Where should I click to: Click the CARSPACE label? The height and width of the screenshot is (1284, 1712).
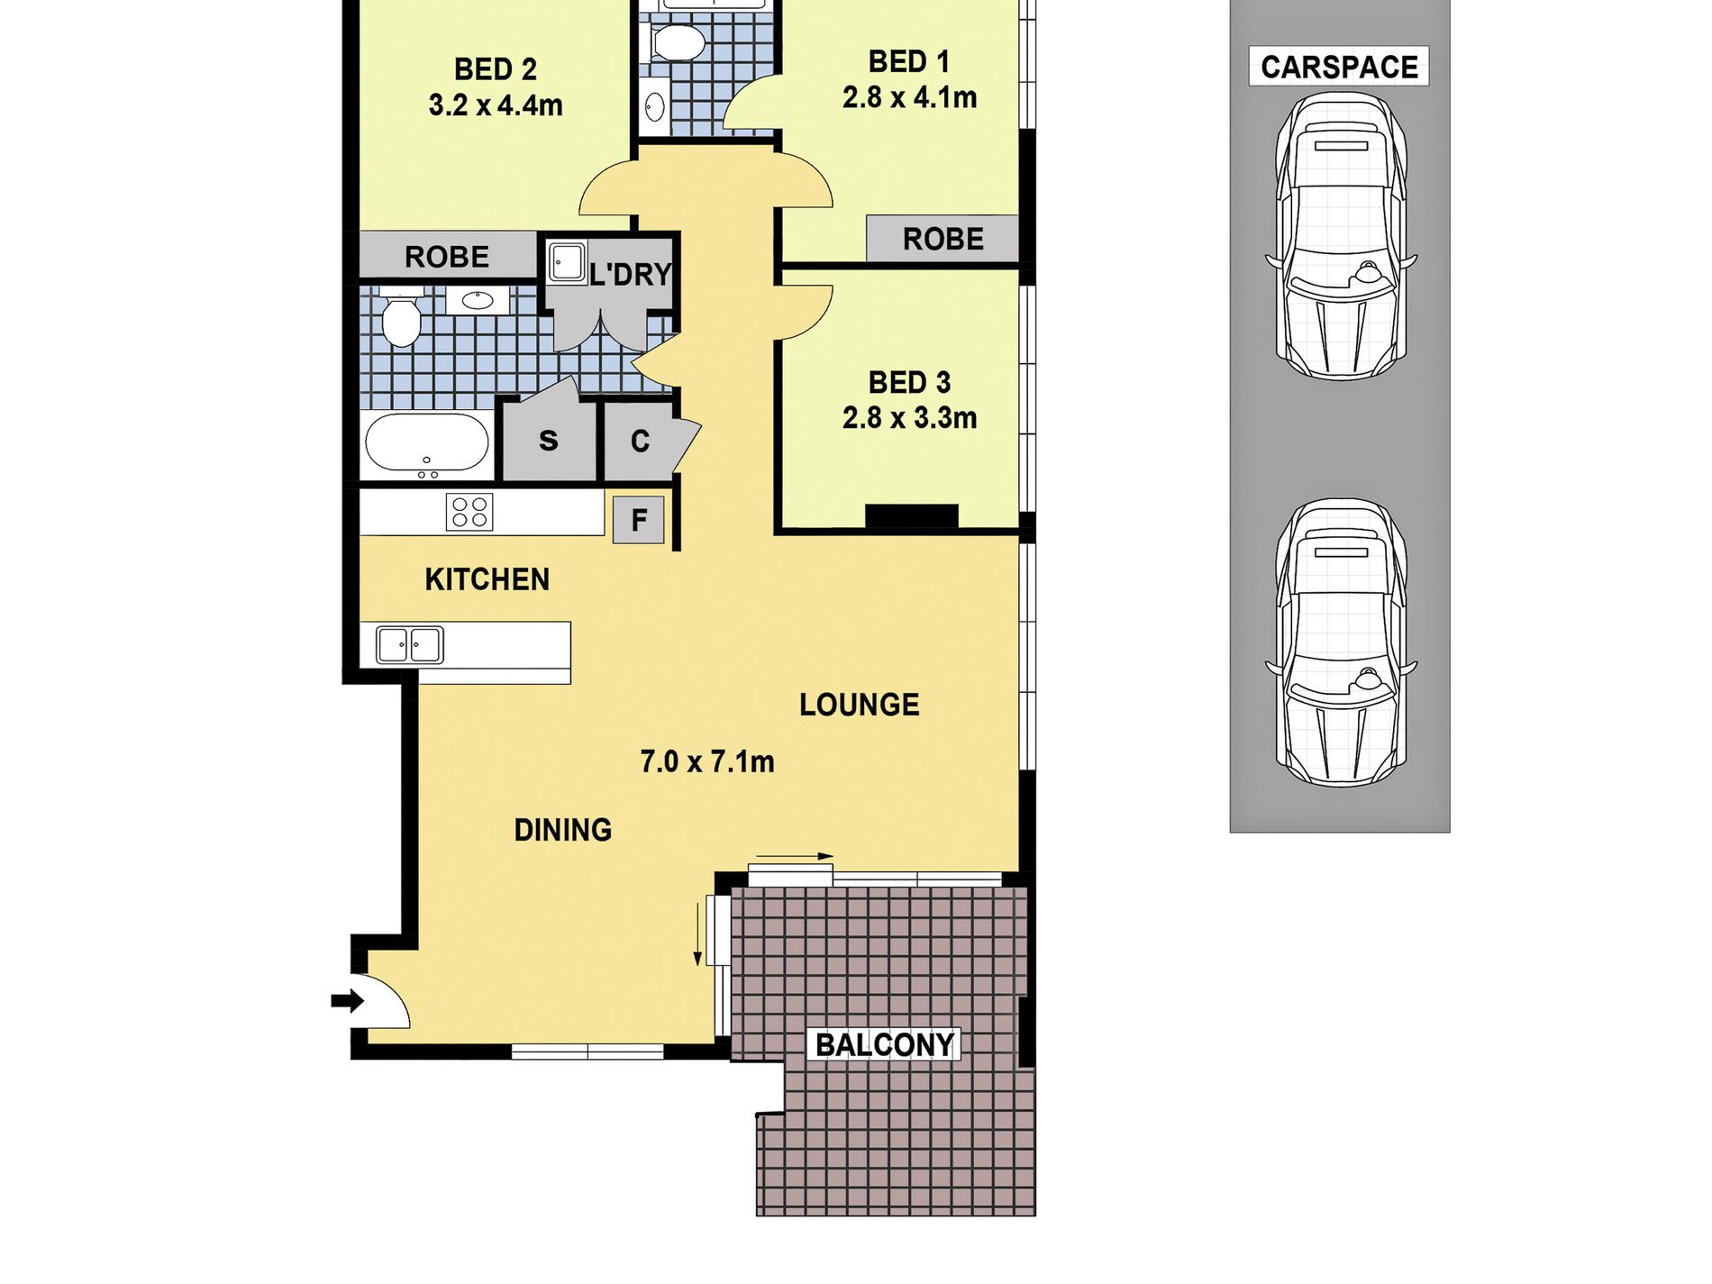pos(1339,67)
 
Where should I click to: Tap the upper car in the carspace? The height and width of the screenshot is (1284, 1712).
pos(1341,235)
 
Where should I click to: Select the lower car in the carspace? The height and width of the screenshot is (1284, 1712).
pos(1341,642)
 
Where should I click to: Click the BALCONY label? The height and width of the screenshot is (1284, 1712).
pos(884,1044)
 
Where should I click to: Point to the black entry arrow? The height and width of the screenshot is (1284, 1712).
pos(347,1000)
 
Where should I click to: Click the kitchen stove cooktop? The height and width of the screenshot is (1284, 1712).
pos(469,512)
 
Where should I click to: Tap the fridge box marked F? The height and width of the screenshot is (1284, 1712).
pos(639,520)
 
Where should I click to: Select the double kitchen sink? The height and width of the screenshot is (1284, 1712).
pos(410,645)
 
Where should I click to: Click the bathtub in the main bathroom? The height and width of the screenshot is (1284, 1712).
pos(427,444)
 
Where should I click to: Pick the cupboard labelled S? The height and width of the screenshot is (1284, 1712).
pos(549,441)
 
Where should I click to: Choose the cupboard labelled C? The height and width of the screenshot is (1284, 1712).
pos(639,441)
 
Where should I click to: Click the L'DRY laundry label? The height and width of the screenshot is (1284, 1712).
pos(631,274)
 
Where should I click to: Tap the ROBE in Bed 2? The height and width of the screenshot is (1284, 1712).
pos(447,257)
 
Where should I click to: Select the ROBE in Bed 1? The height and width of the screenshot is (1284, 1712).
pos(943,239)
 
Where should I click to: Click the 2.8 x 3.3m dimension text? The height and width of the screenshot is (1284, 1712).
pos(909,418)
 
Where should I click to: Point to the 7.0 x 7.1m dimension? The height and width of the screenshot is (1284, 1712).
pos(707,762)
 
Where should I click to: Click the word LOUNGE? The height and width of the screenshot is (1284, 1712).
pos(860,705)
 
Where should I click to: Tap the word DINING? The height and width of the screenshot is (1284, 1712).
pos(563,830)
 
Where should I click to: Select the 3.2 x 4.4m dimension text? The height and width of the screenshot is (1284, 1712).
pos(496,105)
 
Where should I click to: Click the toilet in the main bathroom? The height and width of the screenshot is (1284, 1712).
pos(400,317)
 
